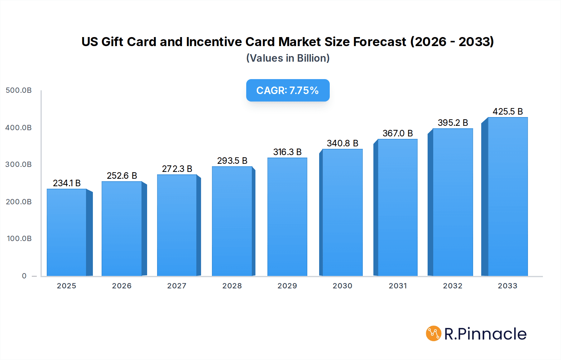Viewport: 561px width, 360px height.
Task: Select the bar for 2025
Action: click(x=67, y=232)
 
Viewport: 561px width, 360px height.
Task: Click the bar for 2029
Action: click(x=287, y=217)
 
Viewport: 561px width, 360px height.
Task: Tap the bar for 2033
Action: click(x=507, y=197)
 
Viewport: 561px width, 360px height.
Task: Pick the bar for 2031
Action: click(x=397, y=207)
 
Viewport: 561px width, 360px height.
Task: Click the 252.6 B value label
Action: click(x=122, y=176)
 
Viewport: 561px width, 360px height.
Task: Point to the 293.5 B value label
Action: click(x=232, y=161)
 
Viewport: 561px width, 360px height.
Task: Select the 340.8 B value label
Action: click(x=343, y=143)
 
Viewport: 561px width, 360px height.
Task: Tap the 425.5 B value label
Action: click(x=507, y=111)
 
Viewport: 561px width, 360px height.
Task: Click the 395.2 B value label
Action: click(x=453, y=123)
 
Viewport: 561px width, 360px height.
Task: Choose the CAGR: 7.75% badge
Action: click(x=288, y=90)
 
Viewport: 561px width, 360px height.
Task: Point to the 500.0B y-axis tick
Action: click(x=19, y=90)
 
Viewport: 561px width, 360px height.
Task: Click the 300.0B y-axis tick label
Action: click(x=19, y=164)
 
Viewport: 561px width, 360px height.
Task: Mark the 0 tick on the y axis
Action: click(x=24, y=276)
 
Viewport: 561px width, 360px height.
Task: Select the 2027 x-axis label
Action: click(x=177, y=286)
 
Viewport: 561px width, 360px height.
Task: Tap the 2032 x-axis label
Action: click(x=453, y=286)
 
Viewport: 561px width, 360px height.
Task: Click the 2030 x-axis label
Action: click(x=343, y=286)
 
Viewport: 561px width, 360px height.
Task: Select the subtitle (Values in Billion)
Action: click(x=288, y=58)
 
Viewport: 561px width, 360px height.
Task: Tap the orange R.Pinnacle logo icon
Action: click(x=434, y=334)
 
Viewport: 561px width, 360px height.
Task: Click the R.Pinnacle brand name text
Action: click(x=485, y=334)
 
